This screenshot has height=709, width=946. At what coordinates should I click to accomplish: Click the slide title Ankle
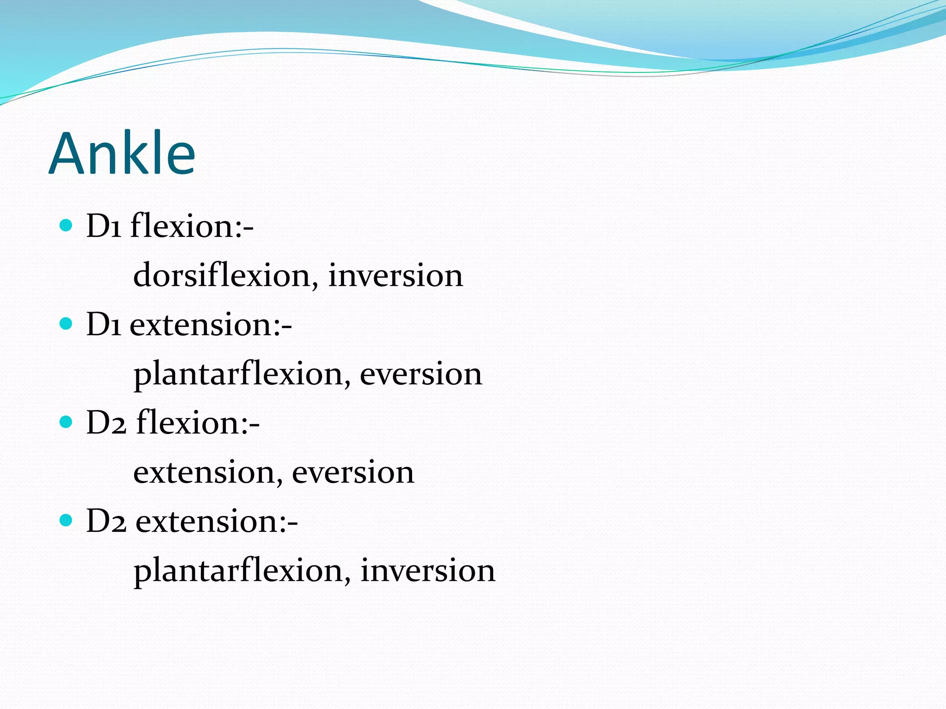122,153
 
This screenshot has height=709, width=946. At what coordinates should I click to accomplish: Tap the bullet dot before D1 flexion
67,225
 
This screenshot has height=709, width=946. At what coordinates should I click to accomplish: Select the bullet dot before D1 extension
67,324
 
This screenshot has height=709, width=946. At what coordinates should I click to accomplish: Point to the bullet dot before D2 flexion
67,422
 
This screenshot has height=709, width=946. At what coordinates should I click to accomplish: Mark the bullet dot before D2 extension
67,520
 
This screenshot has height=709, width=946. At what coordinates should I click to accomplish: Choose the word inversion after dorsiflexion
395,275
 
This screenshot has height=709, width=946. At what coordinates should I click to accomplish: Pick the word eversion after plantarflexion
421,373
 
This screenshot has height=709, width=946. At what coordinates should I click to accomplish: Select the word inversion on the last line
428,571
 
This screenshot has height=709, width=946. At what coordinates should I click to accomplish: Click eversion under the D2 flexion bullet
353,472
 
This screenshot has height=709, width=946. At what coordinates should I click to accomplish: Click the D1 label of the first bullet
104,226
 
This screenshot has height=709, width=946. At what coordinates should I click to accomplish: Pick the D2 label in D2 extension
106,522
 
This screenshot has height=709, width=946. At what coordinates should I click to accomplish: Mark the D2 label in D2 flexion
106,423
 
